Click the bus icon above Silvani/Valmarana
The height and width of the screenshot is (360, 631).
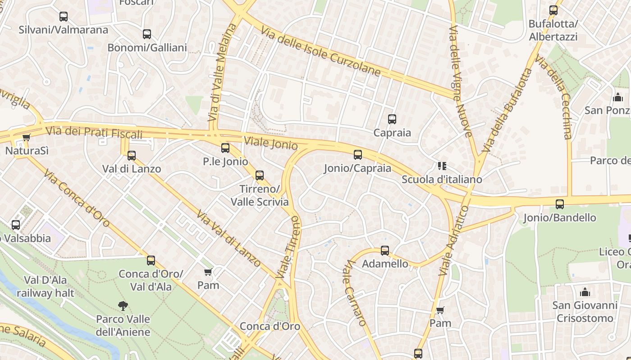point(64,17)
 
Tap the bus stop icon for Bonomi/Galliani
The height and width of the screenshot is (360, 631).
point(147,34)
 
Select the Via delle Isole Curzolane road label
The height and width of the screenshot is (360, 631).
point(320,51)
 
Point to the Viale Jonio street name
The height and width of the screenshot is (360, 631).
point(270,143)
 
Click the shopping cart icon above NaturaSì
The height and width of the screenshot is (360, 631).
point(27,137)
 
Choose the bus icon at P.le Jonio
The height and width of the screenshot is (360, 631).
point(225,148)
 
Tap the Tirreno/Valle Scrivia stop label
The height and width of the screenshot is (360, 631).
point(260,195)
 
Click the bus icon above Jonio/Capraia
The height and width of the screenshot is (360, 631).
point(358,155)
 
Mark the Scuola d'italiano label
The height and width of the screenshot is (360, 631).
point(442,180)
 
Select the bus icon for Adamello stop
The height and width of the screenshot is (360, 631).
point(385,251)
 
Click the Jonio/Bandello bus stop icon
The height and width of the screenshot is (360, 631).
point(560,204)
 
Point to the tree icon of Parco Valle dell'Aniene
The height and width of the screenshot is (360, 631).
point(123,306)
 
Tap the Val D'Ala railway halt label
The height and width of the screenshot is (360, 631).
point(46,287)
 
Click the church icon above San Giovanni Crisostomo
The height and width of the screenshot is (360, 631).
point(585,292)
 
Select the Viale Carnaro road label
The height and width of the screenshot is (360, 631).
point(355,292)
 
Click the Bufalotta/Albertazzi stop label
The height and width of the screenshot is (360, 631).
point(553,30)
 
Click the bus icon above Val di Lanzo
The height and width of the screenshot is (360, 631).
point(132,156)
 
